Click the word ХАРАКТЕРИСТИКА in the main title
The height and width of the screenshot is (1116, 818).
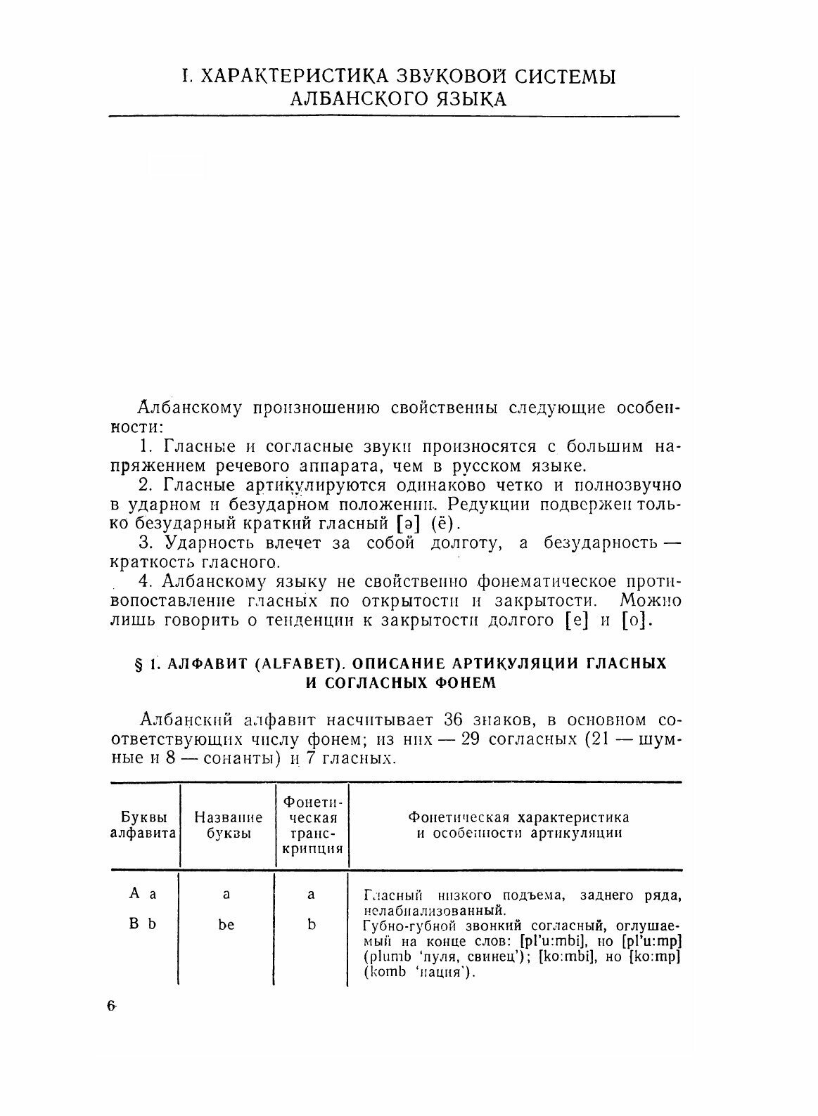283,77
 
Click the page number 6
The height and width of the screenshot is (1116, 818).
111,1006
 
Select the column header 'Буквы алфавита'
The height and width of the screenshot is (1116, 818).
143,826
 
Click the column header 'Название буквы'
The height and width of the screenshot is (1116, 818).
228,826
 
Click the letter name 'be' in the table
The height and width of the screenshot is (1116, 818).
226,925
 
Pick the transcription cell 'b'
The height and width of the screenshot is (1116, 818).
312,925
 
